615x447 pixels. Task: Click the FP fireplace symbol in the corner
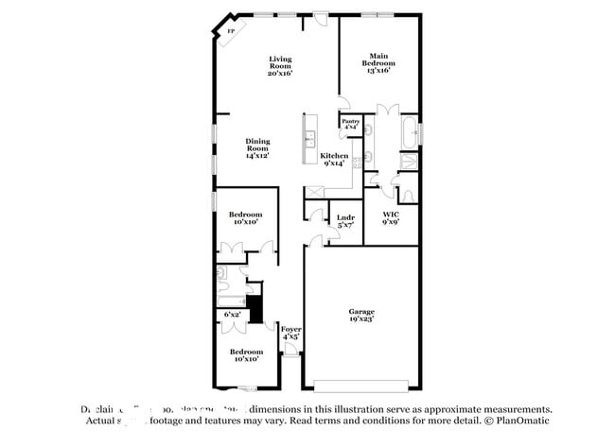point(229,31)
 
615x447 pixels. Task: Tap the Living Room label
point(280,65)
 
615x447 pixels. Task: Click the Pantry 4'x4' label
point(351,124)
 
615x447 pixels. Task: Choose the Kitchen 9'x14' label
point(334,159)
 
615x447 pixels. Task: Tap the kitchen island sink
point(309,141)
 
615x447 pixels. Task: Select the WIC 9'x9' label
point(390,218)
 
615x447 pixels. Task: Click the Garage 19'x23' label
point(361,315)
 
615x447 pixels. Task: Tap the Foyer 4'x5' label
point(291,332)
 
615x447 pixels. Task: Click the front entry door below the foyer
point(291,354)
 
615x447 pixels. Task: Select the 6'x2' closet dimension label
point(232,313)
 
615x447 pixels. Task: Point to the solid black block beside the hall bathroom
point(254,309)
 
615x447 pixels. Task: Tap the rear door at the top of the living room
point(322,16)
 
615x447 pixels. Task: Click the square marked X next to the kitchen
point(314,192)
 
